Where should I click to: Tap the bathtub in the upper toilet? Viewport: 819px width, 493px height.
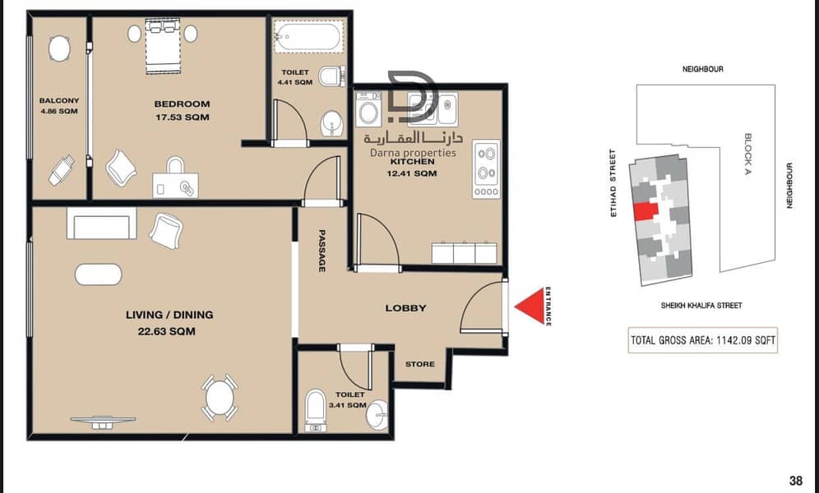(x=308, y=35)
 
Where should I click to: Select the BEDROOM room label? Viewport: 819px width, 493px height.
(x=182, y=104)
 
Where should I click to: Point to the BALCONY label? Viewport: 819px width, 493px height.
(x=59, y=100)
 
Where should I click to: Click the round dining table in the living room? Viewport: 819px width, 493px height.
(x=220, y=398)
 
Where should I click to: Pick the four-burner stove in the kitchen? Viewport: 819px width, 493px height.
(x=486, y=169)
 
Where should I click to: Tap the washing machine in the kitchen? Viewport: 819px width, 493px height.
(x=368, y=109)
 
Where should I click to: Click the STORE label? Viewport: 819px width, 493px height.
(x=420, y=364)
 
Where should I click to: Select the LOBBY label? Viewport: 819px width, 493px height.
(x=406, y=308)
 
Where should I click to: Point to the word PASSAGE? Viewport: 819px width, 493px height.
(x=322, y=251)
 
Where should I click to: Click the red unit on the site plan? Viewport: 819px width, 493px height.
(x=646, y=211)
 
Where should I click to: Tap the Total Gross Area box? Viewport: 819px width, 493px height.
(x=702, y=340)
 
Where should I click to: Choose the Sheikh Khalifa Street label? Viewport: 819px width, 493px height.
(x=701, y=305)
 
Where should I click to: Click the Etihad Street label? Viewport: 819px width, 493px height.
(x=613, y=183)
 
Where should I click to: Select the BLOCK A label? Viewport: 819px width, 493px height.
(x=747, y=154)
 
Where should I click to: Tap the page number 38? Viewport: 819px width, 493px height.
(x=795, y=481)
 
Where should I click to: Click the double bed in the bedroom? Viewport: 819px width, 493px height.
(x=163, y=46)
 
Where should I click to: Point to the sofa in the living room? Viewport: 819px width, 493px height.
(x=101, y=223)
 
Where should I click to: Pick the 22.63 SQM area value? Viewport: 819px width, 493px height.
(x=167, y=331)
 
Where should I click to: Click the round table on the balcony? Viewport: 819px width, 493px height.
(x=59, y=48)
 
